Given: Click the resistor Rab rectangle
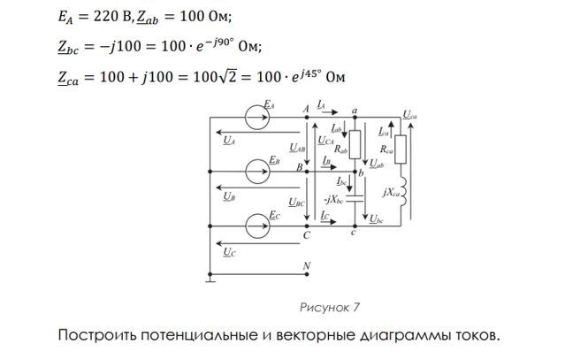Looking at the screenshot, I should (x=354, y=142).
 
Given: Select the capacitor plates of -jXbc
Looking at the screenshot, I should (x=355, y=199).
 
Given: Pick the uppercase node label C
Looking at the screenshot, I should (x=307, y=237).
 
